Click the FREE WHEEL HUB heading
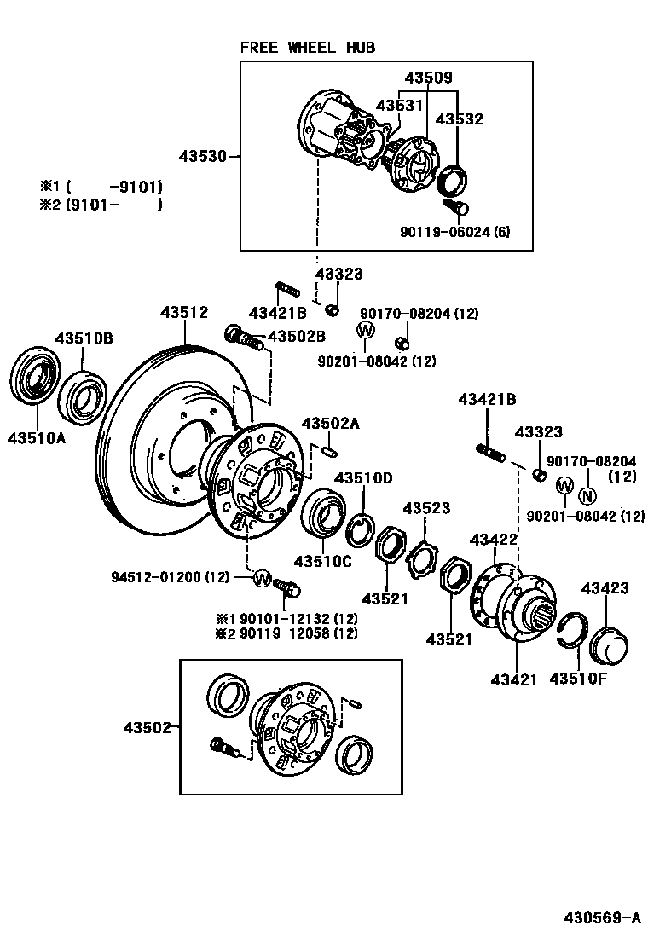coord(307,48)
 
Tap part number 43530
coord(202,156)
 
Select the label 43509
coord(428,77)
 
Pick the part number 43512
coord(183,314)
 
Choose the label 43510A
coord(37,438)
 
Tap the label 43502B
coord(297,337)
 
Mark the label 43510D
coord(363,477)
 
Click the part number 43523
coord(426,509)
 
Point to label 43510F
coord(579,679)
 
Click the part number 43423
coord(605,588)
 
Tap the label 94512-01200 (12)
coord(171,577)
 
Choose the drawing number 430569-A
coord(601,918)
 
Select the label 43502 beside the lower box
coord(148,727)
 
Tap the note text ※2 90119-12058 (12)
coord(286,633)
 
